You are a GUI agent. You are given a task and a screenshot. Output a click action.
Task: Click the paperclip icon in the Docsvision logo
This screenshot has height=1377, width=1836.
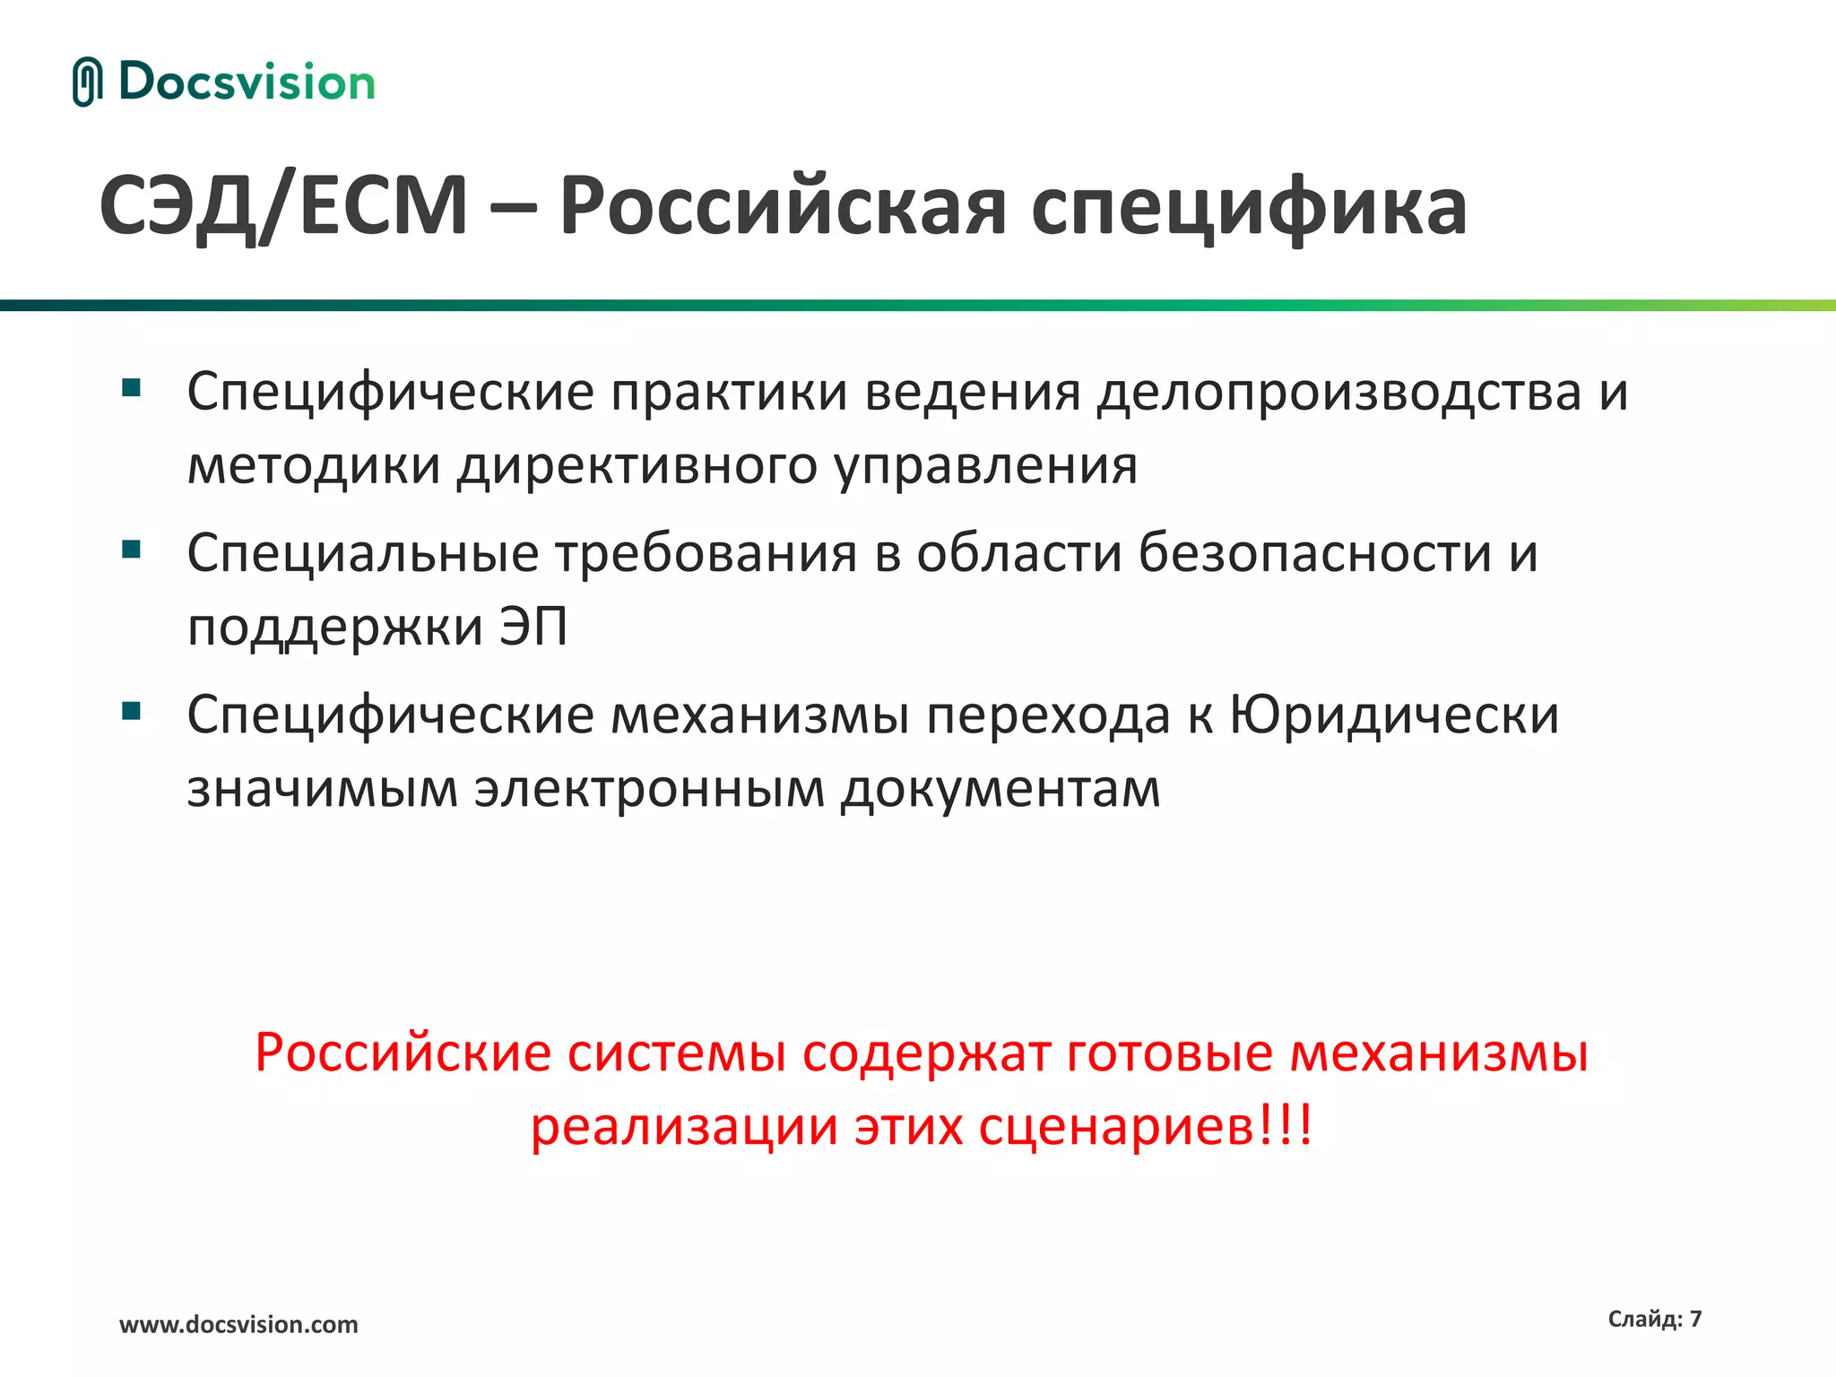tap(87, 82)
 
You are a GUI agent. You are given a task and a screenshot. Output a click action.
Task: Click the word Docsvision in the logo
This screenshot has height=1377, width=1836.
tap(247, 82)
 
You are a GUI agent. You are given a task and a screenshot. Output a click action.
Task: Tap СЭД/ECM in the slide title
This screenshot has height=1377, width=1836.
tap(283, 206)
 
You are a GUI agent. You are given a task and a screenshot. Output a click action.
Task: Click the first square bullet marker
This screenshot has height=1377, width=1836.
tap(132, 388)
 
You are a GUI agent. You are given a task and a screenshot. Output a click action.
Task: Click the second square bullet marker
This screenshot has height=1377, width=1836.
tap(132, 549)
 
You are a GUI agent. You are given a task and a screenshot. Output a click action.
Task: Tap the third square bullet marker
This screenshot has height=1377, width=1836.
tap(132, 711)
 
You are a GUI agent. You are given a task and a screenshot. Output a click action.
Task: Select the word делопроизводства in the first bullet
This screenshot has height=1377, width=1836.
tap(1339, 393)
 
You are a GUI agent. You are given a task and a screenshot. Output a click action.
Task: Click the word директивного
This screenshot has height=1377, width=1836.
tap(637, 466)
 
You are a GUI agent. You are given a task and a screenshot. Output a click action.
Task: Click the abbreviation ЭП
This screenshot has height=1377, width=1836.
tap(533, 626)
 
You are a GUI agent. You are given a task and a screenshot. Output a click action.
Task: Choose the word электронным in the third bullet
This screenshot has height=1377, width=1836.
tap(649, 790)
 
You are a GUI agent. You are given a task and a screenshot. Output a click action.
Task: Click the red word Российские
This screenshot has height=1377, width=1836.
tap(403, 1052)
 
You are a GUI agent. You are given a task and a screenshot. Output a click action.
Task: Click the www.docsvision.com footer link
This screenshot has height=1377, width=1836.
tap(238, 1324)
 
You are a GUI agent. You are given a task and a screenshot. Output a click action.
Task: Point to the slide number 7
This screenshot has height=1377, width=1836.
tap(1695, 1319)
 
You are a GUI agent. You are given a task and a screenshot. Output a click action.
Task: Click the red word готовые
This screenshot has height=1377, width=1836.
tap(1169, 1052)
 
